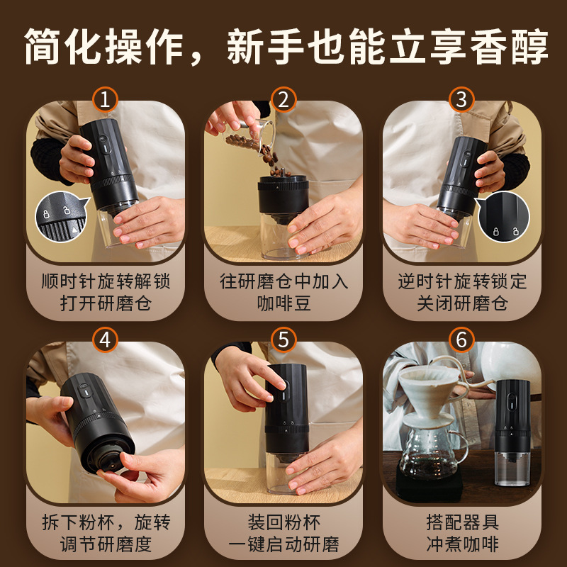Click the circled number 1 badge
105,99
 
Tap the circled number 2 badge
283,99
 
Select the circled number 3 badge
462,99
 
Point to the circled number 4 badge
105,340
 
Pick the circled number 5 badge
283,340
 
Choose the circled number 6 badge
462,340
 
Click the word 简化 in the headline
63,47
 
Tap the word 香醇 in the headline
510,47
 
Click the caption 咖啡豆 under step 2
284,303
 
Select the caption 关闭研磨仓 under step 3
463,303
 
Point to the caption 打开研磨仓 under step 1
106,303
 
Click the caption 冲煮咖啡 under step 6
463,544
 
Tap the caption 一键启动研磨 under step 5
284,544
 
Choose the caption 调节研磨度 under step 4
106,544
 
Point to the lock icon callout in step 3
503,216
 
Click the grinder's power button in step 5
284,393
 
